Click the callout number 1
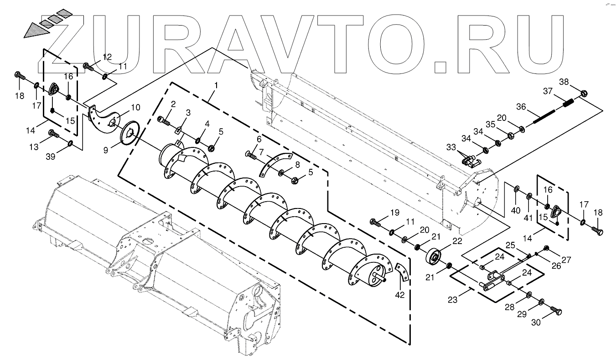tap(216, 85)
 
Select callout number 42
tap(400, 295)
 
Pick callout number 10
tap(135, 107)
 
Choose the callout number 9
tap(106, 149)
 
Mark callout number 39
tap(50, 157)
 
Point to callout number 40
tap(515, 210)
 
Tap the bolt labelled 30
tap(556, 312)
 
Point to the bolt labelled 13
tap(53, 134)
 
